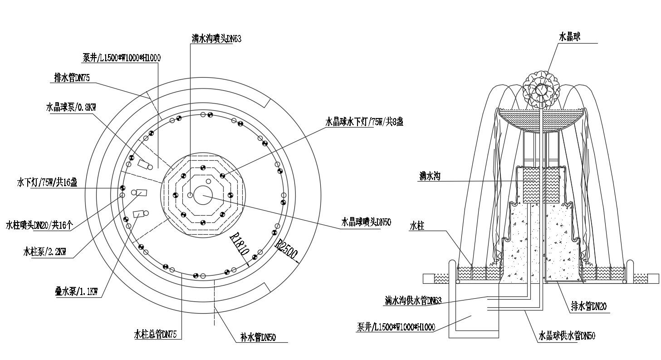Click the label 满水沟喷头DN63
point(216,39)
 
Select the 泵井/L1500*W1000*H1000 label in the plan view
point(122,58)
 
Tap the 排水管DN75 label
point(72,78)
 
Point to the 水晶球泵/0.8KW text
point(71,107)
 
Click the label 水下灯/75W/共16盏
point(47,182)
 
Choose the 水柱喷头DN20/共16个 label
point(39,225)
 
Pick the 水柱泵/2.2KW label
point(44,252)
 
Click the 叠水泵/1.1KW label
point(76,292)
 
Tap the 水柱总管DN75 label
point(156,335)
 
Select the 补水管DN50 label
point(258,338)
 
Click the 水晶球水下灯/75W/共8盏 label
point(364,121)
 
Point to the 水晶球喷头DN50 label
point(366,222)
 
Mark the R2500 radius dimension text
point(287,250)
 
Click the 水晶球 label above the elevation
point(569,37)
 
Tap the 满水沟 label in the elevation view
point(430,176)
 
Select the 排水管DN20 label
point(589,306)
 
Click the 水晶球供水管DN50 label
point(567,336)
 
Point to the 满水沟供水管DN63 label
point(413,301)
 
